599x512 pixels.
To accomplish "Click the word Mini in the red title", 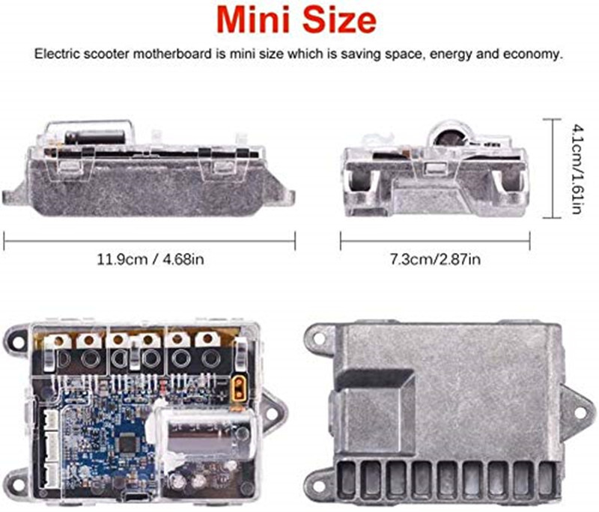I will click(255, 21).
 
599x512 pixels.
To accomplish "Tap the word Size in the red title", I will click(335, 21).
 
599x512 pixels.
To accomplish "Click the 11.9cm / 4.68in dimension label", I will click(150, 260).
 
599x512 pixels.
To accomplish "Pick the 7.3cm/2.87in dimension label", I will click(435, 260).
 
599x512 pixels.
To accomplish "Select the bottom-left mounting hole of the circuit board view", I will click(15, 477).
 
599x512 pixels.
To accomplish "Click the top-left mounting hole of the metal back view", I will click(320, 338).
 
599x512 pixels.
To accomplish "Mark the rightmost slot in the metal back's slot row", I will click(544, 477).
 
